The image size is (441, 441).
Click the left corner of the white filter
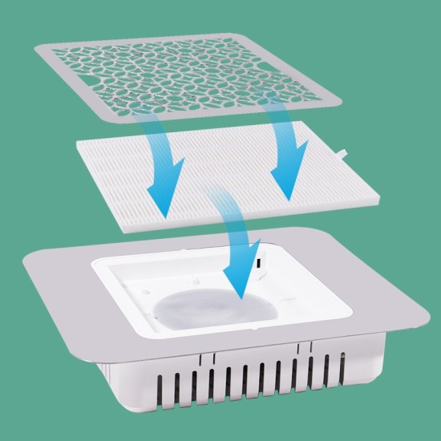pos(75,143)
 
